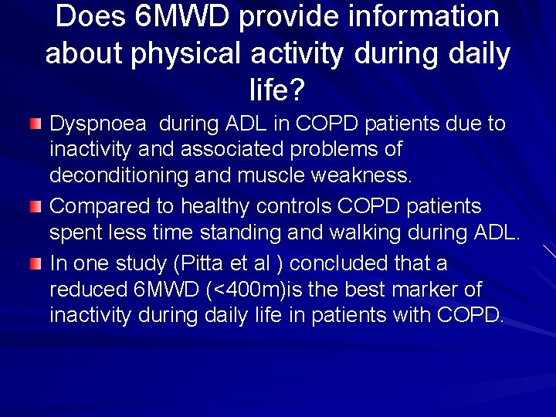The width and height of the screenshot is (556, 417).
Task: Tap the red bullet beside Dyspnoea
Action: [x=35, y=124]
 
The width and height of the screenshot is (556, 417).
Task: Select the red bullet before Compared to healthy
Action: [x=35, y=206]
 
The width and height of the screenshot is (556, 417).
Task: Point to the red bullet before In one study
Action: [x=35, y=264]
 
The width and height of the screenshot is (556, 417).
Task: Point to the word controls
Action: [x=307, y=206]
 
